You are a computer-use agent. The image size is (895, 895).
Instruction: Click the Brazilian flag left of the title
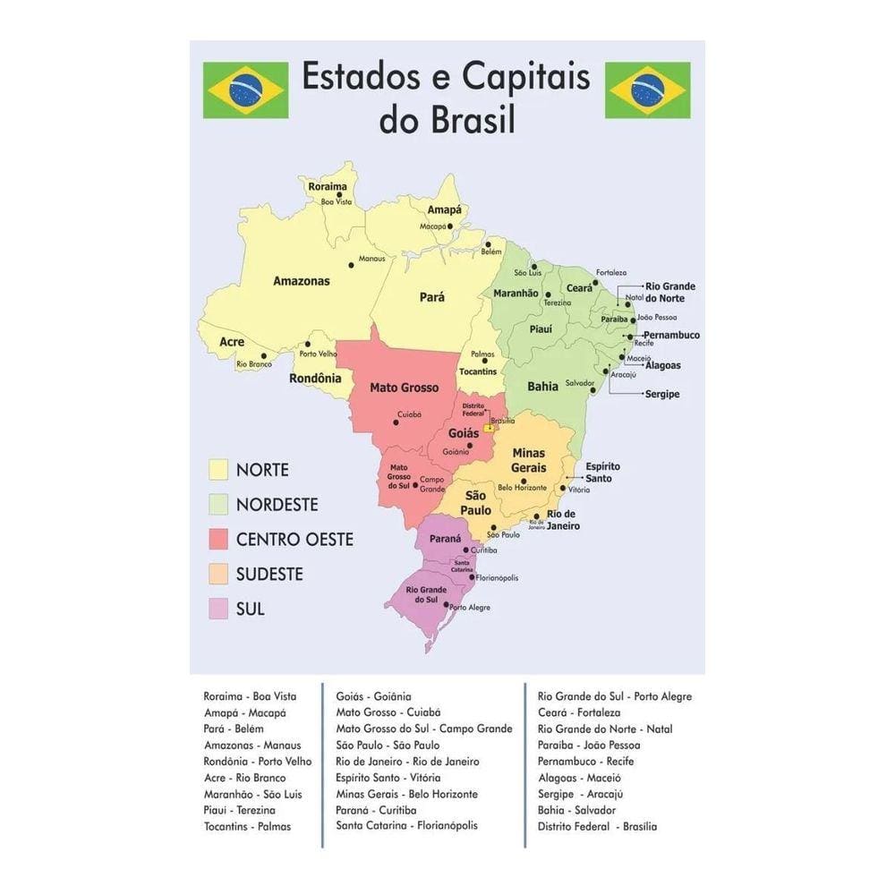tap(245, 89)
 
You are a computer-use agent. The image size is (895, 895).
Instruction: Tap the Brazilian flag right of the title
tap(647, 89)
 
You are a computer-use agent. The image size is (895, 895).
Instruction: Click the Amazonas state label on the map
tap(301, 281)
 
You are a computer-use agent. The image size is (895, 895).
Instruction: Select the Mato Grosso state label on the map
tap(405, 388)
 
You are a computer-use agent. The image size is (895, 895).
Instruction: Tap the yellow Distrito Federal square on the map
tap(489, 429)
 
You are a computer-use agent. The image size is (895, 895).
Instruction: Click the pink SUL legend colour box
tap(218, 609)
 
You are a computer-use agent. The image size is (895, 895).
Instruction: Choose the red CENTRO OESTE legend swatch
tap(218, 539)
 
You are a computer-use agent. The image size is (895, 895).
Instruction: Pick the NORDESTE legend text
tap(277, 505)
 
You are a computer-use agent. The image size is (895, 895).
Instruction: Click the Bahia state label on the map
tap(542, 387)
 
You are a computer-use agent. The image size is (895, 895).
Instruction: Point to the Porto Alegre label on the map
tap(469, 608)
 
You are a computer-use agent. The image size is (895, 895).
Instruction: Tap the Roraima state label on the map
tap(327, 187)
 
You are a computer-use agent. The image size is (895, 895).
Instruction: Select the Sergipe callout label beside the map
tap(662, 394)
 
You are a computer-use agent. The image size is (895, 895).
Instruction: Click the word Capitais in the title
tap(525, 79)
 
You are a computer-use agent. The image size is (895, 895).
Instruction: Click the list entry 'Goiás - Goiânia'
tap(373, 696)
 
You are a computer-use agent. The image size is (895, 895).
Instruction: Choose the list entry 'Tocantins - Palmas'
tap(247, 827)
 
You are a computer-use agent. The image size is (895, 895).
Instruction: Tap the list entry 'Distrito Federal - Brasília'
tap(597, 827)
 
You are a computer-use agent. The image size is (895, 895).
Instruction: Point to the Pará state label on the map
tap(432, 297)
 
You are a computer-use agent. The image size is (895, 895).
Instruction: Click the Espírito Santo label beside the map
tap(602, 473)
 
